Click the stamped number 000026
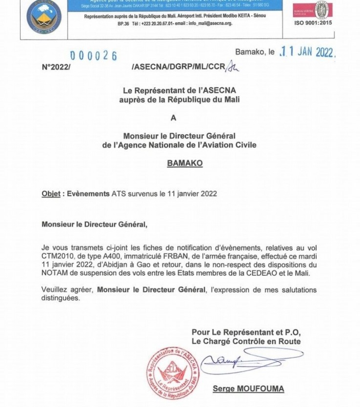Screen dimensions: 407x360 (x=93, y=56)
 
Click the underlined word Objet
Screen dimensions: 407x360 (x=51, y=193)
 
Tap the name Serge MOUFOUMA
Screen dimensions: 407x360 (x=249, y=389)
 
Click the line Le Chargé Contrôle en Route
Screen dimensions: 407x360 (x=246, y=341)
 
